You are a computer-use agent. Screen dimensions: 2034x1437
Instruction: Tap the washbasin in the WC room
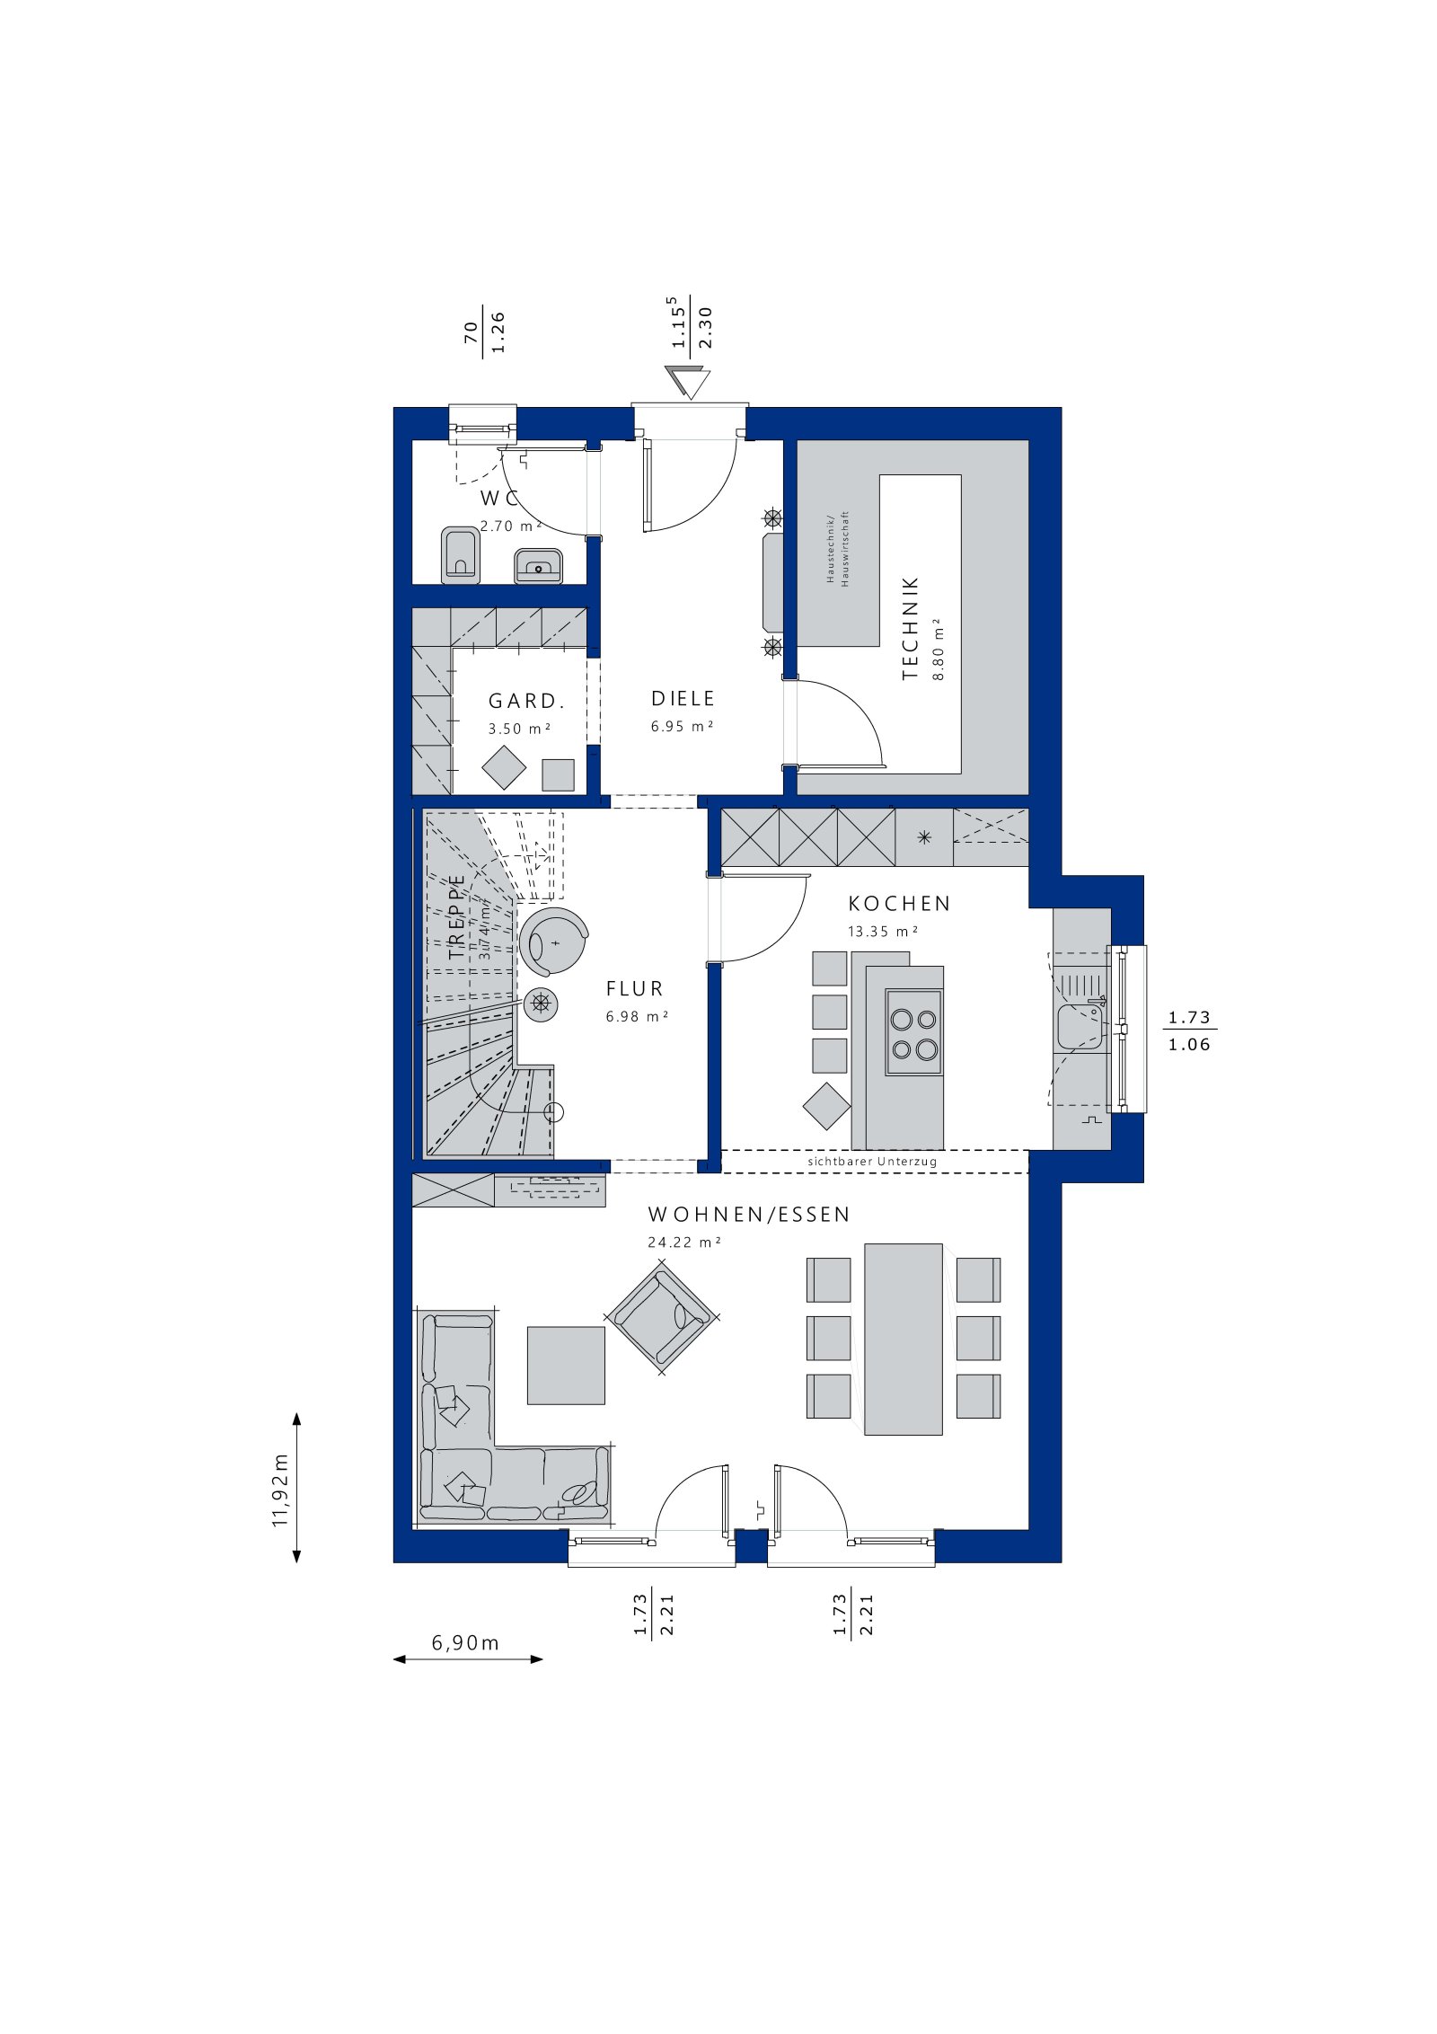[x=539, y=567]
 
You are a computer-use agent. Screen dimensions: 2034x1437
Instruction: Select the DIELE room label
[x=683, y=698]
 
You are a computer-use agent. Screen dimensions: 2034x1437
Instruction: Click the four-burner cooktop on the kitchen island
[x=913, y=1032]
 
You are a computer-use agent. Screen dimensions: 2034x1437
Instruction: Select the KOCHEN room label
[x=899, y=903]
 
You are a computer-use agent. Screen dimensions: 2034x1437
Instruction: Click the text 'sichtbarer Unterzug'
[x=871, y=1162]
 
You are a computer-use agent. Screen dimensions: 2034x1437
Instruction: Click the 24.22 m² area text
[x=684, y=1243]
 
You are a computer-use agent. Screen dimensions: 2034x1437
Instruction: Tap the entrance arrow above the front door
[x=689, y=383]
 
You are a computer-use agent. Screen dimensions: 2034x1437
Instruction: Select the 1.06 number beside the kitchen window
[x=1189, y=1045]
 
